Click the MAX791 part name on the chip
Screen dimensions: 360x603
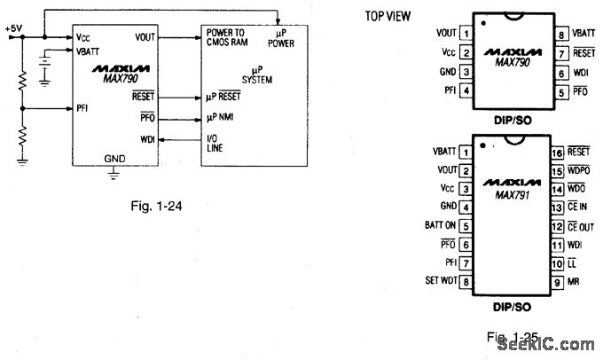tap(505, 192)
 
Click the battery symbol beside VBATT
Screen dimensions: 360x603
tap(43, 66)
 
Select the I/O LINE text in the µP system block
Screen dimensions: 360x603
tap(215, 144)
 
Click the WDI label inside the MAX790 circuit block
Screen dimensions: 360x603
tap(146, 138)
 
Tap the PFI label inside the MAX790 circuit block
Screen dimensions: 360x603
tap(82, 107)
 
